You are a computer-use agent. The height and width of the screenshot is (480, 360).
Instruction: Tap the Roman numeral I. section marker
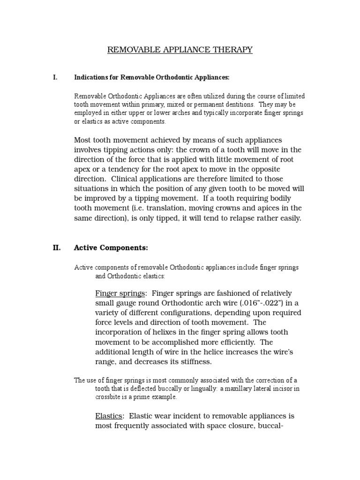point(55,77)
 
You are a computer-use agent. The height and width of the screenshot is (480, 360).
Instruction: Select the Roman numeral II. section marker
point(56,247)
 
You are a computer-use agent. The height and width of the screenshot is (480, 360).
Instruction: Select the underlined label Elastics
point(109,416)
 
